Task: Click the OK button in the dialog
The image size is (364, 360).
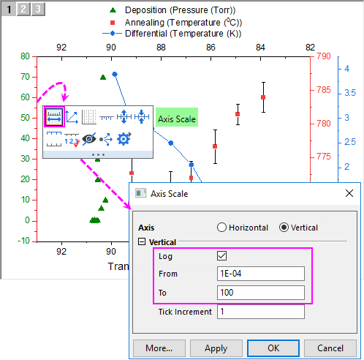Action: [x=273, y=348]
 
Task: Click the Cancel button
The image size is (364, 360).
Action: [x=330, y=348]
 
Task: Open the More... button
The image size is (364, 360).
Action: [x=159, y=348]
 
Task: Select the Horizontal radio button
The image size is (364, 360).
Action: [x=221, y=228]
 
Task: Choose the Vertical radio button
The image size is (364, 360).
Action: [x=284, y=228]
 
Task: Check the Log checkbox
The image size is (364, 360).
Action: [x=221, y=256]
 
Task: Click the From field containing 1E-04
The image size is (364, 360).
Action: [x=261, y=274]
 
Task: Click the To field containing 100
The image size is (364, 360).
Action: [x=261, y=293]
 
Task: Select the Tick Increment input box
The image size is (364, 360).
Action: [x=261, y=312]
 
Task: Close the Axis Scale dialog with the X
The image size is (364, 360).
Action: [x=349, y=193]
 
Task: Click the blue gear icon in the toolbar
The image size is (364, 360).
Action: [x=124, y=139]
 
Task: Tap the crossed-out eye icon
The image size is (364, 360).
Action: [x=89, y=139]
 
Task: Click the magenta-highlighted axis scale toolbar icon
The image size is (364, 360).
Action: [x=54, y=116]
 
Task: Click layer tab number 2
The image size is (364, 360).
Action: [x=23, y=9]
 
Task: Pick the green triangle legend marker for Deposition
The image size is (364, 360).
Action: [x=113, y=10]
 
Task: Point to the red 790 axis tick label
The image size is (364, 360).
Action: [x=324, y=56]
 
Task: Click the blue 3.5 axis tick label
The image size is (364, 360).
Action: [x=350, y=93]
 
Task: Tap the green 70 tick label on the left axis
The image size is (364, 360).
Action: [x=25, y=77]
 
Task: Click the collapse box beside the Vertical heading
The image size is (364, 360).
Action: [x=142, y=241]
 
